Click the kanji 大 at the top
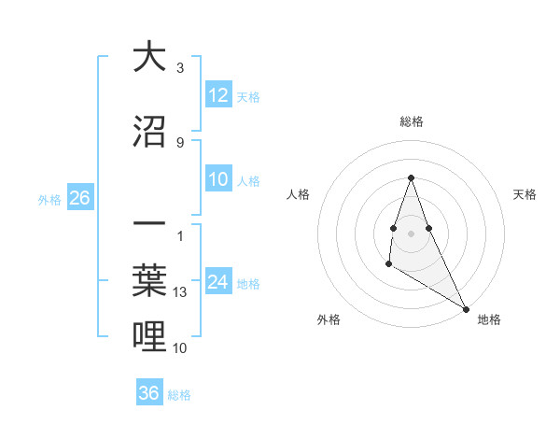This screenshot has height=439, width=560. coord(149,57)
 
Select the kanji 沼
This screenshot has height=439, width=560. coord(149,131)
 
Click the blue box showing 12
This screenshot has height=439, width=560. coord(218,96)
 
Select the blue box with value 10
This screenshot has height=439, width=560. coord(218,180)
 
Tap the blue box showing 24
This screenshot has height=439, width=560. coord(218,283)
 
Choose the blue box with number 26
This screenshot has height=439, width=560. coord(79,198)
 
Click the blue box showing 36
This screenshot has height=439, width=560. coord(149,393)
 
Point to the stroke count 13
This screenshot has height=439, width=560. coord(181,292)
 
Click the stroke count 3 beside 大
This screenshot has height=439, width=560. coord(180,68)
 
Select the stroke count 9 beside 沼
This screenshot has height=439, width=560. coord(180,142)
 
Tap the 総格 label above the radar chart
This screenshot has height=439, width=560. coord(411,121)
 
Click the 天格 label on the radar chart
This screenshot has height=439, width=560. coord(525,194)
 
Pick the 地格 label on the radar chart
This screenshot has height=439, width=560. coord(489,319)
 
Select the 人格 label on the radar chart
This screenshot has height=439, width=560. coord(298,194)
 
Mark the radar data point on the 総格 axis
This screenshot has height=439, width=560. coord(411,178)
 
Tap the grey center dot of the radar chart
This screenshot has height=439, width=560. coord(411,233)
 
